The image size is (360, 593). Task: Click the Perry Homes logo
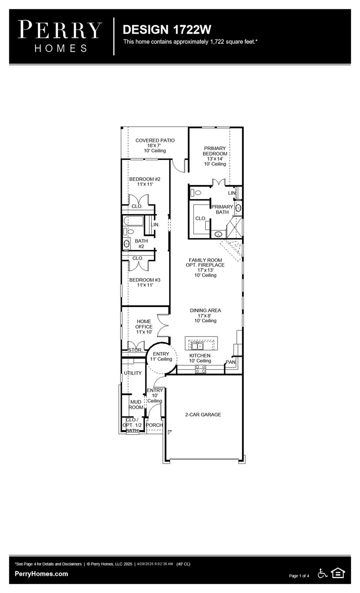pos(60,36)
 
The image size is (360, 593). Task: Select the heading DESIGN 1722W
pos(167,29)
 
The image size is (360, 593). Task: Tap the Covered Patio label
pos(155,145)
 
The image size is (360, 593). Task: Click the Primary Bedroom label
pos(215,156)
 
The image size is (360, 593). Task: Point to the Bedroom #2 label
pos(144,181)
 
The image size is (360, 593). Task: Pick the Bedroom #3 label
pos(144,282)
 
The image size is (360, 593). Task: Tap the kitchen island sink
pos(197,345)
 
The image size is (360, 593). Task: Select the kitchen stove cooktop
pos(200,369)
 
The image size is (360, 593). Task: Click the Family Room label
pos(205,267)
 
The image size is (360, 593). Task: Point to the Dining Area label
pos(205,315)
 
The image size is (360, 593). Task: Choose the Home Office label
pos(144,326)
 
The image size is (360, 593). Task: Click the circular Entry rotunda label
pos(161,356)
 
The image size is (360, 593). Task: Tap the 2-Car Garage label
pos(203,415)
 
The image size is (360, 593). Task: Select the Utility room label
pos(132,373)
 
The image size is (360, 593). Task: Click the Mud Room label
pos(136,405)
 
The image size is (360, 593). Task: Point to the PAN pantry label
pos(231,362)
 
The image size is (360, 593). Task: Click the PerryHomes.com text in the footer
pos(41,574)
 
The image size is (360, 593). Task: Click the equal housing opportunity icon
pos(338,573)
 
